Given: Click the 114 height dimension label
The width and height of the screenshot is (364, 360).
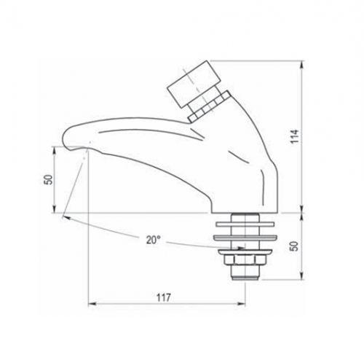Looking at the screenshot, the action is pyautogui.click(x=295, y=136).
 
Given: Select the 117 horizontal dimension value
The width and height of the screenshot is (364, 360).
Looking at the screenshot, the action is pyautogui.click(x=164, y=297).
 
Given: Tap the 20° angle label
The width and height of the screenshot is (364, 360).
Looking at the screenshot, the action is pyautogui.click(x=154, y=240).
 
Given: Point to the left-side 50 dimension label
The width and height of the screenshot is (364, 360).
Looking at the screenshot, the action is pyautogui.click(x=50, y=180).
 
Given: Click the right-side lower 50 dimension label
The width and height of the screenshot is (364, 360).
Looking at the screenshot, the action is pyautogui.click(x=294, y=246).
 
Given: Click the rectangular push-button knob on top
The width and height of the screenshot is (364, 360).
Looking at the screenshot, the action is pyautogui.click(x=194, y=84).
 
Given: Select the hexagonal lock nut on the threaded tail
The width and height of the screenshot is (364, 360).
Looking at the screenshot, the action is pyautogui.click(x=245, y=262).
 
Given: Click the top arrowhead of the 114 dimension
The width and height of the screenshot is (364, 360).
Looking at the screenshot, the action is pyautogui.click(x=302, y=65).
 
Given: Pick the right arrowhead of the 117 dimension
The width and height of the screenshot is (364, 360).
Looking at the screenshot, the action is pyautogui.click(x=241, y=303).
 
